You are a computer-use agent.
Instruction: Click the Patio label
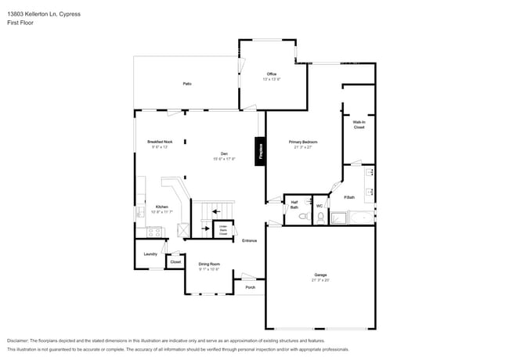tap(187, 83)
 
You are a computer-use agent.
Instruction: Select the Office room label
tap(272, 74)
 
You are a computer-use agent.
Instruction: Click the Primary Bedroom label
tap(306, 142)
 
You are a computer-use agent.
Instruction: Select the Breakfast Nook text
tap(160, 142)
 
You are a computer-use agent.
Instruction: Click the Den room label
tap(223, 154)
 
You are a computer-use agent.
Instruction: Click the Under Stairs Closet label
tap(222, 230)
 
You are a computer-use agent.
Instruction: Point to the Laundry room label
tap(150, 254)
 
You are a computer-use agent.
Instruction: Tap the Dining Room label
tap(208, 265)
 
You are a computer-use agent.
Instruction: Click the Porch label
tap(250, 287)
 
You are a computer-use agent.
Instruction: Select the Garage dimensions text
tap(321, 279)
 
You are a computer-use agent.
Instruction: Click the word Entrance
tap(249, 240)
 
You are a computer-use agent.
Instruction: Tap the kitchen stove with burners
tap(153, 231)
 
